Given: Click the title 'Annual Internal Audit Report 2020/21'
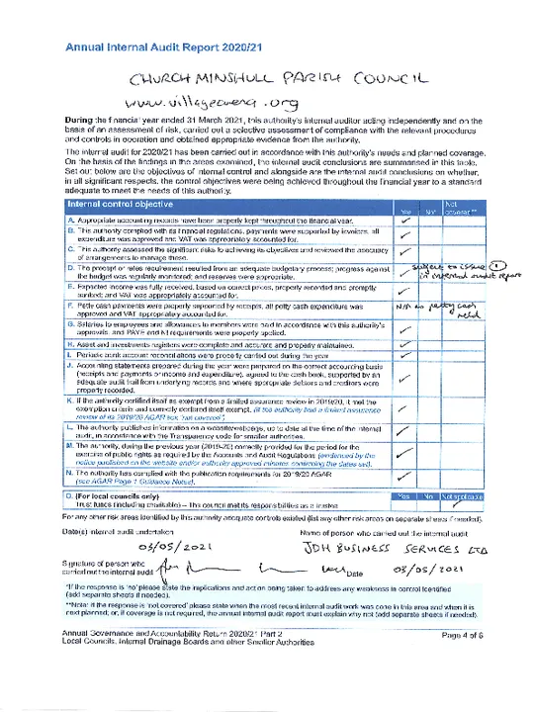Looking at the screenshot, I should [x=159, y=46].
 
